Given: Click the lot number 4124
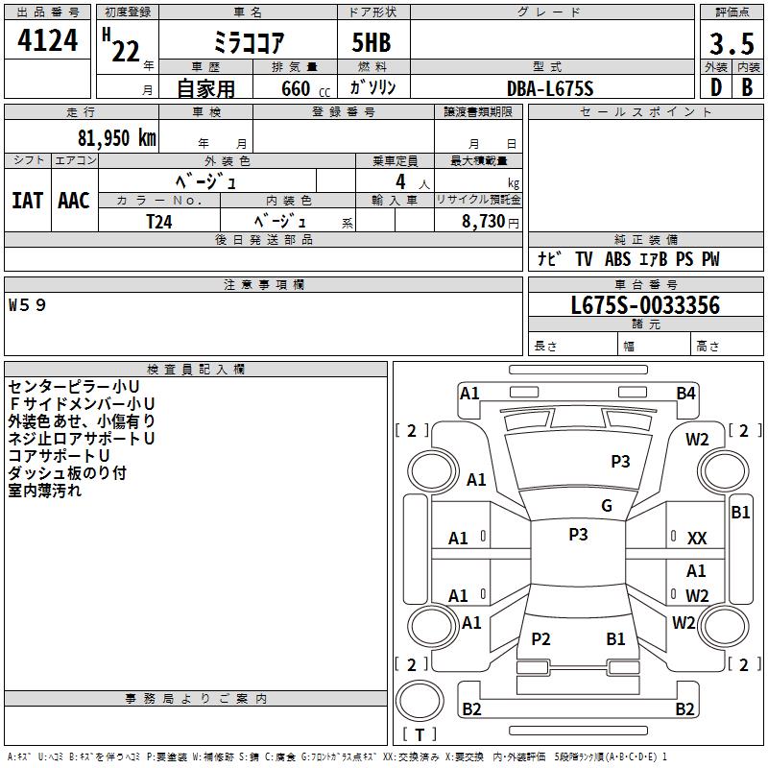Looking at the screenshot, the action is tap(47, 40).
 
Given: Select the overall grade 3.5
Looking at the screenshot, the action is tap(732, 44).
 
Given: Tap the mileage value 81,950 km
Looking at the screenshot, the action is tap(117, 138).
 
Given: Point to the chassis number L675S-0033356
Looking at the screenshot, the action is tap(645, 305).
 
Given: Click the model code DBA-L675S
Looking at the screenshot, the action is tap(550, 88).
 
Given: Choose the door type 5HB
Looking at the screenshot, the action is tap(372, 42).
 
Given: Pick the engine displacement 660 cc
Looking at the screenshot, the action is tap(305, 89).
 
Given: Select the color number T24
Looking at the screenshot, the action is tap(159, 222).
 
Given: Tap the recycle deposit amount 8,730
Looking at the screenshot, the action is tap(484, 222).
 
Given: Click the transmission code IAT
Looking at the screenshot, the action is tap(28, 201).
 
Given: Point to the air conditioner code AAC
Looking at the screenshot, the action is tap(74, 201).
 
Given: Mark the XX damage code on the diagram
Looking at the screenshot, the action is tap(697, 539).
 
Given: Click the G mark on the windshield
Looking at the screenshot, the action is tap(607, 506).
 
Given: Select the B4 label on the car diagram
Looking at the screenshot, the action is tap(685, 394).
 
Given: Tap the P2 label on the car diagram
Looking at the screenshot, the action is tap(540, 638).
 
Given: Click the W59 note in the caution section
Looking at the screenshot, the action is tap(27, 305).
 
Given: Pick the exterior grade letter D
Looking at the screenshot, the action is tap(716, 87).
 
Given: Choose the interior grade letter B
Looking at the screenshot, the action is tap(747, 87).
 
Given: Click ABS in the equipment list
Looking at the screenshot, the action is tap(617, 259).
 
